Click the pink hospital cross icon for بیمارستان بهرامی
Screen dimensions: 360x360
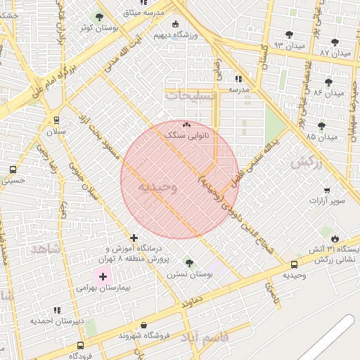pos(103,277)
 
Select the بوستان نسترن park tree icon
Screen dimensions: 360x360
pos(189,263)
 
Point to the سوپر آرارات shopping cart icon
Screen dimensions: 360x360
pos(327,191)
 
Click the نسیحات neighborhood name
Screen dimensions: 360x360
pos(191,94)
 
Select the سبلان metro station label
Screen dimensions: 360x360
pos(56,131)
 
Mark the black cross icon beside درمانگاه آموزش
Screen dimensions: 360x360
pos(134,238)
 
